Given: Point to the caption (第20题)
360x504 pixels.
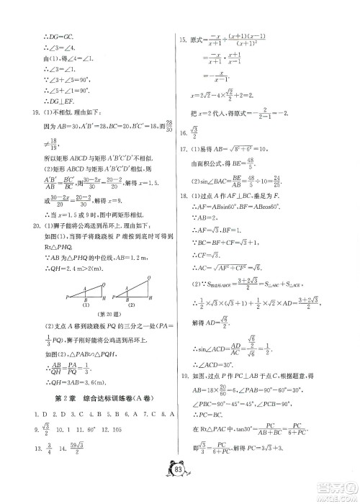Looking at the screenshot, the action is click(x=100, y=304).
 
